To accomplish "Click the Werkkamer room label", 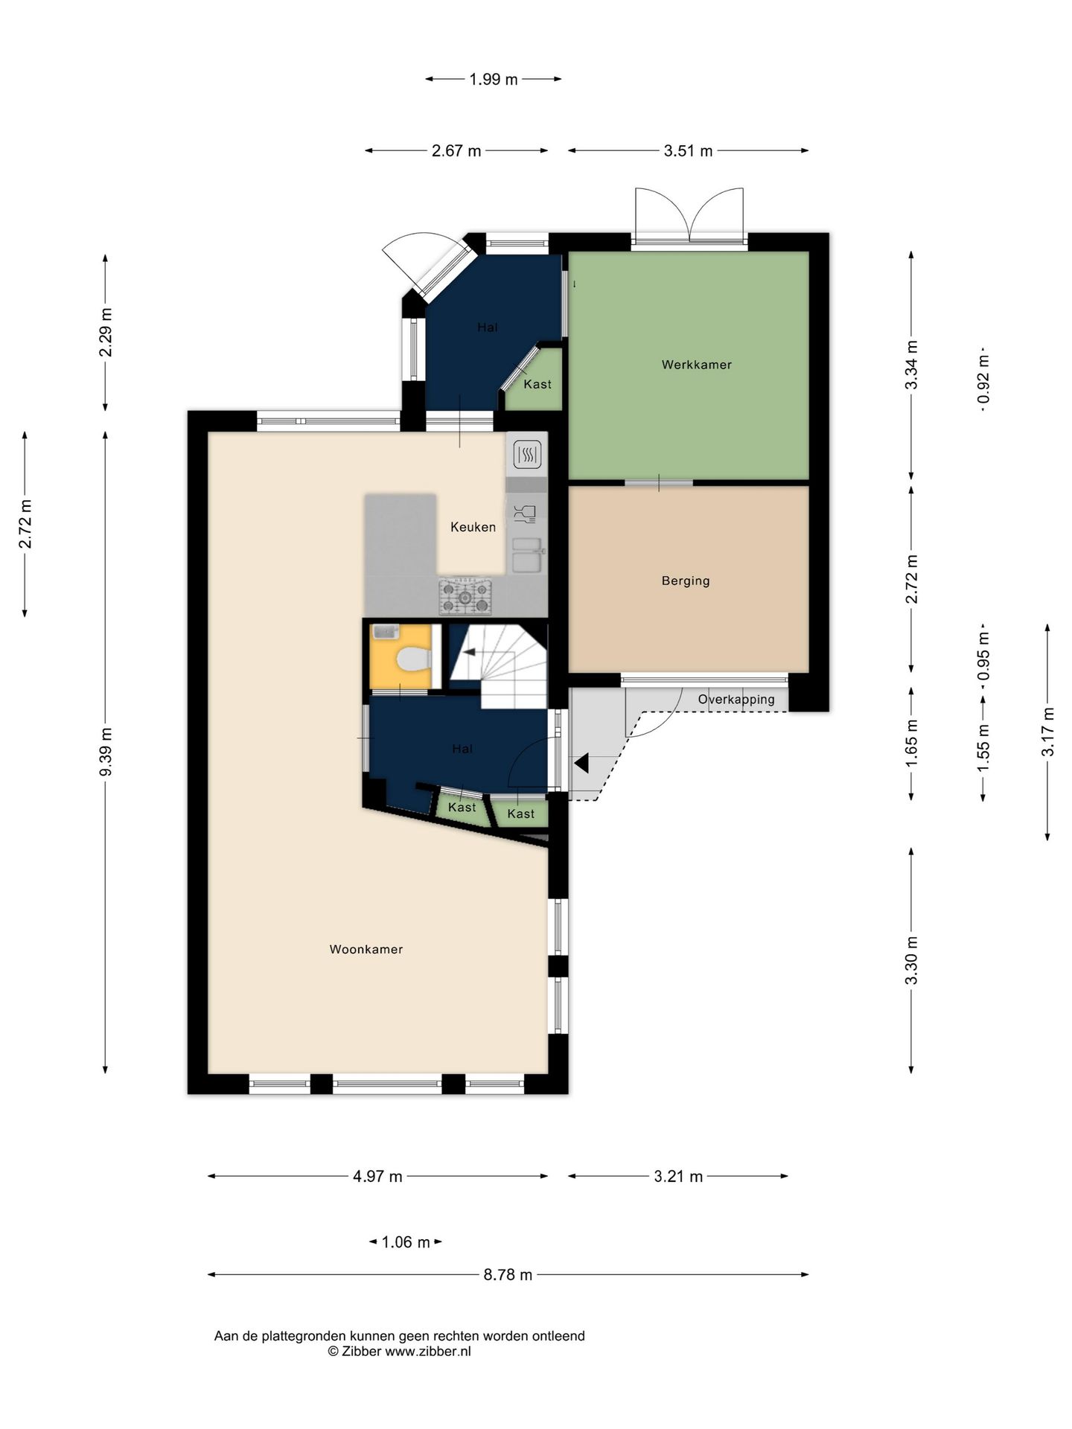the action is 696,365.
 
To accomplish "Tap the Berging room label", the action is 686,581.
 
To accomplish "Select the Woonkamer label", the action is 366,949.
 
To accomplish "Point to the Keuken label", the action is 473,527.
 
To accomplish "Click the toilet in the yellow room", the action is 414,659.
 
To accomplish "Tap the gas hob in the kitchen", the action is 465,597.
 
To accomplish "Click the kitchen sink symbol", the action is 527,554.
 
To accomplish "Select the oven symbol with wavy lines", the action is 527,453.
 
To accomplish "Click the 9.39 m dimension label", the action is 106,752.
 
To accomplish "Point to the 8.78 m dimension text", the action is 508,1274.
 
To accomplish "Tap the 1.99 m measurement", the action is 493,79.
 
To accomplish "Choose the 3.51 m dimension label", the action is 688,151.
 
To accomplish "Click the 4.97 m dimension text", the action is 377,1176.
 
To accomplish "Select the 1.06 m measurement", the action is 406,1241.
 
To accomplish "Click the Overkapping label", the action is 736,700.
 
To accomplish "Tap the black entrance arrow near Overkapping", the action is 581,763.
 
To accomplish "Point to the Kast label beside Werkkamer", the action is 537,384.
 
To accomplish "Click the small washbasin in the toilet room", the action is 386,632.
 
